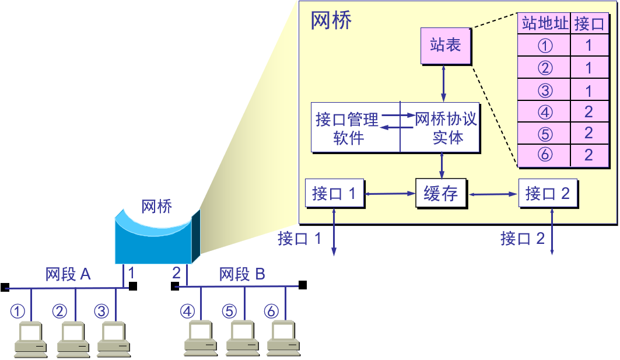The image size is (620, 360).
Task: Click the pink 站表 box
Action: point(446,46)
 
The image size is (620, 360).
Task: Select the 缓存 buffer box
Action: point(441,193)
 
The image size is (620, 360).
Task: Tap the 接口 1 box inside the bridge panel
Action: point(334,193)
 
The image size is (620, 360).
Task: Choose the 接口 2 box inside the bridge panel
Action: point(548,193)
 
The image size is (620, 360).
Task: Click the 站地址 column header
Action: point(544,24)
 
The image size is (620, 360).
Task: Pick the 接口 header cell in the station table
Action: point(589,24)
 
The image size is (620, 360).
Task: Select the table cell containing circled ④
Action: point(544,111)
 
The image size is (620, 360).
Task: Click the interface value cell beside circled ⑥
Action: point(589,155)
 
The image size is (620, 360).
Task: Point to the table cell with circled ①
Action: point(544,46)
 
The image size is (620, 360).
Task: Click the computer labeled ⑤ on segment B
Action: point(242,339)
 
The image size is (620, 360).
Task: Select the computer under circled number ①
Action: point(31,339)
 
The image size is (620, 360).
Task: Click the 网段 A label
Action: point(68,274)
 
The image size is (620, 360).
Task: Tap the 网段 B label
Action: point(242,274)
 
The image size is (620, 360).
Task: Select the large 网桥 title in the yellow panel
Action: point(331,21)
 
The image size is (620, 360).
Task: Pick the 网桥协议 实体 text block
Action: point(446,128)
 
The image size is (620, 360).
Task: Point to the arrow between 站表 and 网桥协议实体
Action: point(444,83)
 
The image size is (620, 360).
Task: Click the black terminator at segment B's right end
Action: point(303,285)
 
